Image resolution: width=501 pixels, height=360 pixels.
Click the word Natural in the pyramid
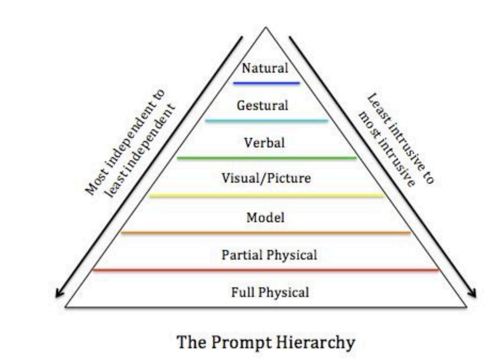pyautogui.click(x=265, y=68)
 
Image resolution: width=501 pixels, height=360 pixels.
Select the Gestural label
pyautogui.click(x=262, y=105)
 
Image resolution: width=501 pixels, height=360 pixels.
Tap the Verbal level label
pyautogui.click(x=264, y=143)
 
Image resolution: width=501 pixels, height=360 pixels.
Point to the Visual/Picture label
pyautogui.click(x=266, y=178)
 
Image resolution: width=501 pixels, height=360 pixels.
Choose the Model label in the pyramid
pyautogui.click(x=265, y=217)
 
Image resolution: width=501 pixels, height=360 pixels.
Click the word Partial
pyautogui.click(x=240, y=255)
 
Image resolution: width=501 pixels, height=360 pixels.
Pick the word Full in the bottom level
pyautogui.click(x=241, y=292)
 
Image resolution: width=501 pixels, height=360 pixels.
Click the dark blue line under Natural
pyautogui.click(x=266, y=83)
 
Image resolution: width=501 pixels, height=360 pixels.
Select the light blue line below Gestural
pyautogui.click(x=266, y=121)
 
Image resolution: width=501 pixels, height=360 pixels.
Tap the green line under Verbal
pyautogui.click(x=266, y=158)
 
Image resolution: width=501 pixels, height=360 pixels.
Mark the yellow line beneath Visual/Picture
pyautogui.click(x=266, y=195)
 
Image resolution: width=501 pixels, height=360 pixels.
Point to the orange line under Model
pyautogui.click(x=266, y=233)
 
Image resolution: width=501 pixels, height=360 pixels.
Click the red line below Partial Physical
pyautogui.click(x=266, y=270)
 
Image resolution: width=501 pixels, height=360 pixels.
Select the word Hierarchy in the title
pyautogui.click(x=317, y=342)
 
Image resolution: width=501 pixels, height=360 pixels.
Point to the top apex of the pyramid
pyautogui.click(x=265, y=27)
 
